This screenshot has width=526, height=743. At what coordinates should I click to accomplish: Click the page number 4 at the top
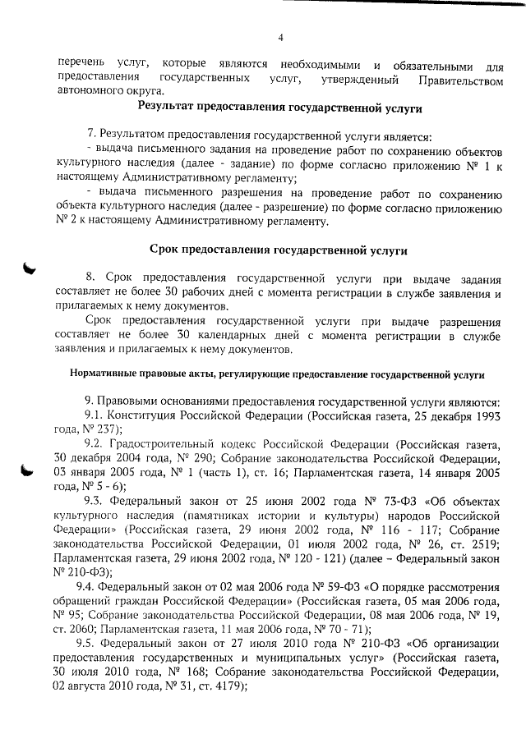coord(280,37)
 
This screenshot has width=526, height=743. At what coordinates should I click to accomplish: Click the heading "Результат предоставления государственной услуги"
coord(279,108)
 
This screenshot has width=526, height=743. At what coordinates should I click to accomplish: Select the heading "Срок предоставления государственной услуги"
coord(279,249)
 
